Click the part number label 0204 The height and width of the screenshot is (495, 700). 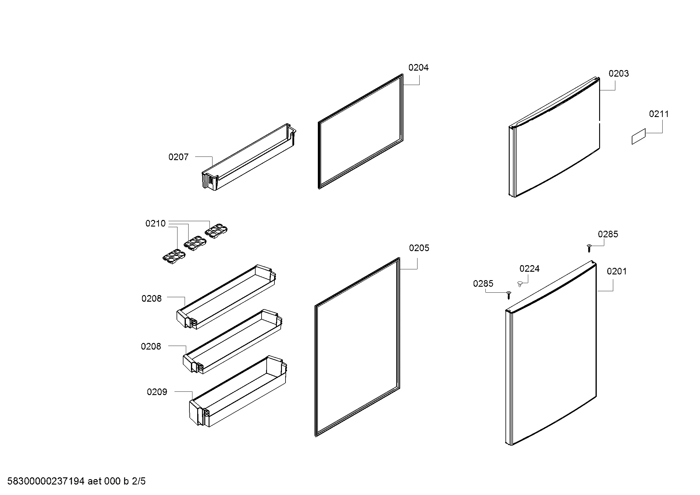tap(418, 68)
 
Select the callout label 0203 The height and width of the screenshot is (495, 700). tap(619, 73)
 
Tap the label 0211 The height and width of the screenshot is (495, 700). tap(659, 114)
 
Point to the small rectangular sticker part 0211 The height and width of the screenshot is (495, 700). tap(638, 136)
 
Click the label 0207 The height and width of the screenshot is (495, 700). tap(178, 157)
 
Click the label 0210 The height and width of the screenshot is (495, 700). tap(156, 224)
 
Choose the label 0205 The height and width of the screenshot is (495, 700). tap(419, 248)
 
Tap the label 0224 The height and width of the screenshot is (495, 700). tap(529, 268)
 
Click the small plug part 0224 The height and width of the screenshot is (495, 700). tap(521, 284)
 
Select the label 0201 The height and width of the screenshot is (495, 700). tap(617, 271)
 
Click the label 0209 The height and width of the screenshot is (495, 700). tap(157, 392)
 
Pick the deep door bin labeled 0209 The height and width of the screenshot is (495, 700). tap(238, 391)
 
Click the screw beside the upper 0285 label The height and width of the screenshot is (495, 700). tap(589, 248)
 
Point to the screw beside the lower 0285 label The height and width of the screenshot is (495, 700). tap(508, 295)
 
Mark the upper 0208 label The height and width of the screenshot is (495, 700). tap(151, 298)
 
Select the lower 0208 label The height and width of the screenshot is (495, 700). tap(151, 346)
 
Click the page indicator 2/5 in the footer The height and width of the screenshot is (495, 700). tap(139, 481)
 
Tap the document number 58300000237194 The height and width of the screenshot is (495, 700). tap(46, 481)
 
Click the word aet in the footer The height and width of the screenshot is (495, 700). tap(95, 482)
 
